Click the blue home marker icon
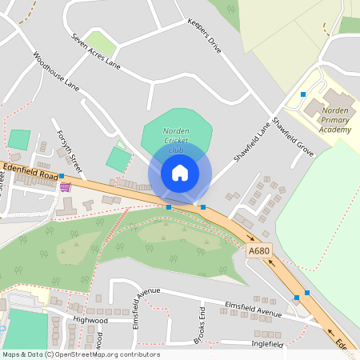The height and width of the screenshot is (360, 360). coord(180,173)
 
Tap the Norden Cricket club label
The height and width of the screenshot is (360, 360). coord(176,140)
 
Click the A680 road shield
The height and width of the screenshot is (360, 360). coord(258,250)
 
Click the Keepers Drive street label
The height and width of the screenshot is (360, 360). coord(203,37)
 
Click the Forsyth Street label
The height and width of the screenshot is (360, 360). coord(70,152)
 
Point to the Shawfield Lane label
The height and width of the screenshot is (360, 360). coord(253,141)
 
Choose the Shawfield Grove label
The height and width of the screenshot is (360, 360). coord(293,137)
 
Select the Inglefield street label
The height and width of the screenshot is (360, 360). coord(266,344)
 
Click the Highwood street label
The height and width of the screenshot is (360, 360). coord(90,320)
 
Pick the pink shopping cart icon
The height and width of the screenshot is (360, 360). coord(65,187)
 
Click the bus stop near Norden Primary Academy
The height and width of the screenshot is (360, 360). coord(302,94)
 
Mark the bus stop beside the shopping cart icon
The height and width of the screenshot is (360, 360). coord(61,175)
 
